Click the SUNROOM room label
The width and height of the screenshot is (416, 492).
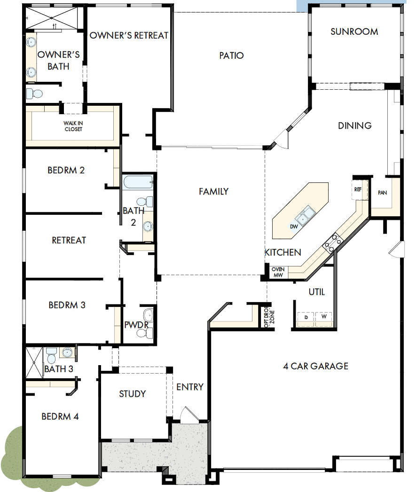(x=354, y=31)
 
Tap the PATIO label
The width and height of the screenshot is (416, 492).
(x=231, y=55)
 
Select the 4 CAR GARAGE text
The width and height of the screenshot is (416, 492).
(x=315, y=366)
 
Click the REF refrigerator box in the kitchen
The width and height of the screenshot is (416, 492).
(x=358, y=189)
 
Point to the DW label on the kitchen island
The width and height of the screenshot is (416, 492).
(x=294, y=226)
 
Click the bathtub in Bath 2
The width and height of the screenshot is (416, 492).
(x=138, y=182)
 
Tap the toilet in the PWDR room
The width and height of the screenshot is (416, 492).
(x=142, y=333)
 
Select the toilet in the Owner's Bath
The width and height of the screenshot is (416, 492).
(x=34, y=94)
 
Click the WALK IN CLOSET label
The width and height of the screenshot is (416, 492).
(x=73, y=126)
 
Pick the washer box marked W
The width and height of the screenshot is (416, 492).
(x=323, y=318)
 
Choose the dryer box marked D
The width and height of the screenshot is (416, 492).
(x=306, y=318)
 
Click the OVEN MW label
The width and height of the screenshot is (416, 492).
(x=277, y=272)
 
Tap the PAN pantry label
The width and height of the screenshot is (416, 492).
(x=382, y=192)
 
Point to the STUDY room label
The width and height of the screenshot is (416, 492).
(x=132, y=394)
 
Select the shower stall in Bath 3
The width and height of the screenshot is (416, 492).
(x=34, y=362)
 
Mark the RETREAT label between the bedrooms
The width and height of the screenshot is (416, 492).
(x=69, y=240)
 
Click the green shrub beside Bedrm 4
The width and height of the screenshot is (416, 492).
(x=12, y=451)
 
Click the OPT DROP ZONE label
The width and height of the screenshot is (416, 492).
(x=268, y=318)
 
